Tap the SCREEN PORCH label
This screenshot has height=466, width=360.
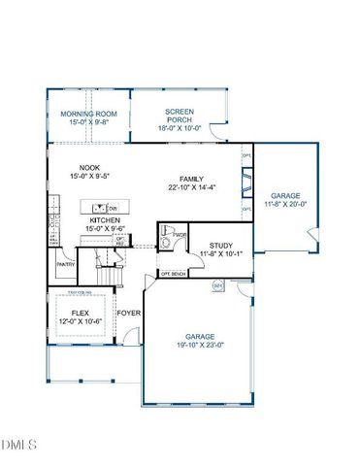[180, 112]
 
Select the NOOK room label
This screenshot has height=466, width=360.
[90, 167]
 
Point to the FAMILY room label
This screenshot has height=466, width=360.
[190, 179]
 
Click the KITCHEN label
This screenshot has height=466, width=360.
[104, 220]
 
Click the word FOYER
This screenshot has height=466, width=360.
[128, 313]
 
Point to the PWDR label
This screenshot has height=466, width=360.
[180, 235]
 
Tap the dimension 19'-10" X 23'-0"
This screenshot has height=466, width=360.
[200, 344]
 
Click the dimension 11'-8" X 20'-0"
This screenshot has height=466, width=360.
[287, 203]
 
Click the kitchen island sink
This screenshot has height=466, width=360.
[98, 207]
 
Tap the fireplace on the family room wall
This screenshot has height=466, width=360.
[246, 180]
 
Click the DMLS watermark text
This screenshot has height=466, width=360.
[18, 446]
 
